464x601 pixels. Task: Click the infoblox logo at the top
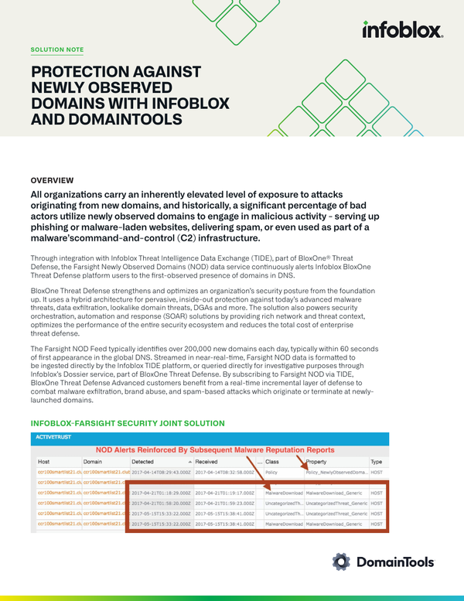point(401,30)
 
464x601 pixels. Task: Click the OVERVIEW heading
point(52,179)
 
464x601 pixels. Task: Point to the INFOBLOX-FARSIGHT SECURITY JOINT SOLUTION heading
point(127,424)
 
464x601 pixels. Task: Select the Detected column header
point(147,461)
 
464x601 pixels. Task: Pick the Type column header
point(376,461)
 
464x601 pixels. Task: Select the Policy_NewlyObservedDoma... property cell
point(336,471)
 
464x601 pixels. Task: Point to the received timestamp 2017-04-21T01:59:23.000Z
point(224,503)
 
